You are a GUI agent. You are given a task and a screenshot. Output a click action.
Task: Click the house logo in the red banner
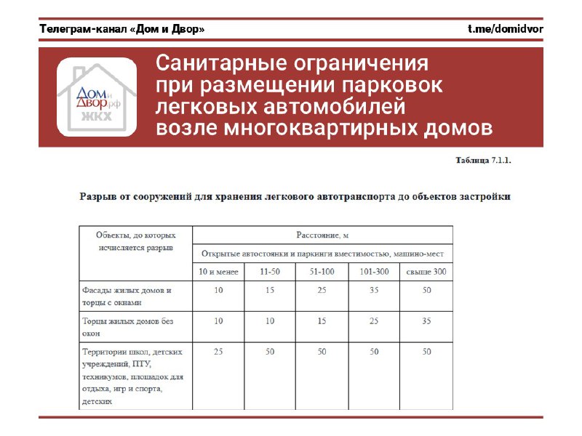click(x=97, y=97)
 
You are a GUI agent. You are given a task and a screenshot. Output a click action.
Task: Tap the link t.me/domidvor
click(x=506, y=29)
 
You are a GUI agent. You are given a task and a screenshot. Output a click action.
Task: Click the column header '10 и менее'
click(x=218, y=272)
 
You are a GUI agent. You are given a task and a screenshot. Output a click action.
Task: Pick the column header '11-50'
click(x=270, y=272)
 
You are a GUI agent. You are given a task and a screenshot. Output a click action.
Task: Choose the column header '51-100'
click(x=322, y=272)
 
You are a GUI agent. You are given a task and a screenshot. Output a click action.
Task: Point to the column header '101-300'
click(x=374, y=272)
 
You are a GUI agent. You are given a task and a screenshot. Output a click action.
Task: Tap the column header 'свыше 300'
click(x=426, y=272)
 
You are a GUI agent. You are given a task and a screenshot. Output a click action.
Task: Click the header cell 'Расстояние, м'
click(x=322, y=235)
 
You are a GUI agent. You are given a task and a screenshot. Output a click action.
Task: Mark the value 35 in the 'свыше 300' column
click(x=426, y=320)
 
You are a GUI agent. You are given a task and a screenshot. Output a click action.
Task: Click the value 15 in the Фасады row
click(x=270, y=291)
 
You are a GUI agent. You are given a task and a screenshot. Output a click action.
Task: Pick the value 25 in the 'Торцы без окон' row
click(x=374, y=320)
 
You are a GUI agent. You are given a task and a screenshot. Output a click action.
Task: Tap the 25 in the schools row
click(x=218, y=352)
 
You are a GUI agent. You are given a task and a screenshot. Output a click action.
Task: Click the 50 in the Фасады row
click(x=426, y=291)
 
